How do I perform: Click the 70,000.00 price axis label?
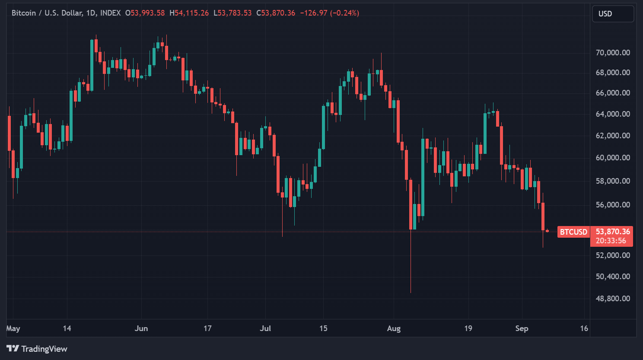coord(612,53)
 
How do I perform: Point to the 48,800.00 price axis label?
coord(612,299)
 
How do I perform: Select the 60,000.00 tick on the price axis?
coord(612,158)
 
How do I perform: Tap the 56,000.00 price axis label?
coord(612,205)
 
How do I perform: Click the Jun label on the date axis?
coord(141,328)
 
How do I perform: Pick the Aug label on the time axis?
coord(394,328)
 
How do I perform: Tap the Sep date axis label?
coord(522,328)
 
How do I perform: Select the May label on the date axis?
coord(13,328)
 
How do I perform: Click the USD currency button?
coord(612,14)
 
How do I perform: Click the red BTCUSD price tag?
coord(573,232)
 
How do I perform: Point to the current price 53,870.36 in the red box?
coord(612,232)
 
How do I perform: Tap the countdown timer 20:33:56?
coord(611,241)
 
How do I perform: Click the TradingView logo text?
coord(44,349)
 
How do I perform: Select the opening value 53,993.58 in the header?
coord(147,13)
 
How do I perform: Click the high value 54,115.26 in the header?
coord(191,13)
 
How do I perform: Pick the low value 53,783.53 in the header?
coord(234,13)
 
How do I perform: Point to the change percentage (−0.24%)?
coord(344,13)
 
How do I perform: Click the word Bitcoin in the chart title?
coord(24,13)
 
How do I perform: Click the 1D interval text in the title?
coord(91,13)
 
